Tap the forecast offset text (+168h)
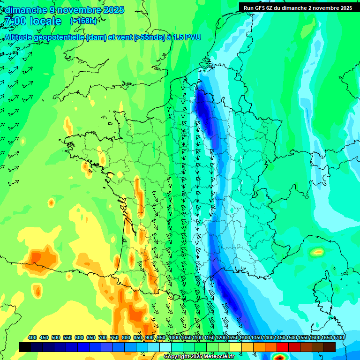click(x=83, y=21)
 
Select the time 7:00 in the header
click(x=14, y=21)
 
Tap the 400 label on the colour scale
click(x=32, y=337)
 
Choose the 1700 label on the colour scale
click(x=338, y=337)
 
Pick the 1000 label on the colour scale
click(x=174, y=337)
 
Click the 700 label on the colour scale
click(x=103, y=337)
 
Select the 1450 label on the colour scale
click(x=280, y=337)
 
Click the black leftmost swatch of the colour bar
click(x=25, y=347)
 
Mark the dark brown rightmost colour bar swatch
click(x=330, y=347)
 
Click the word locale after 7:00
click(x=45, y=21)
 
